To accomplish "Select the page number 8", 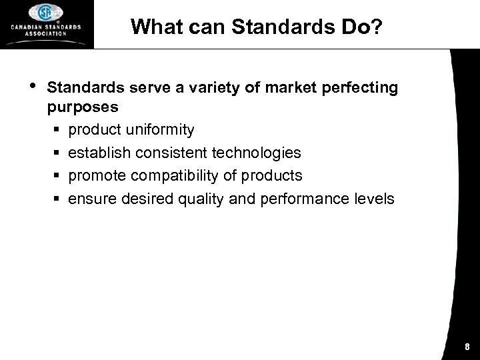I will pyautogui.click(x=467, y=347).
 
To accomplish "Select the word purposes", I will pyautogui.click(x=83, y=107).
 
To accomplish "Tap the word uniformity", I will pyautogui.click(x=161, y=129).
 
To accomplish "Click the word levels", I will pyautogui.click(x=374, y=199).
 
